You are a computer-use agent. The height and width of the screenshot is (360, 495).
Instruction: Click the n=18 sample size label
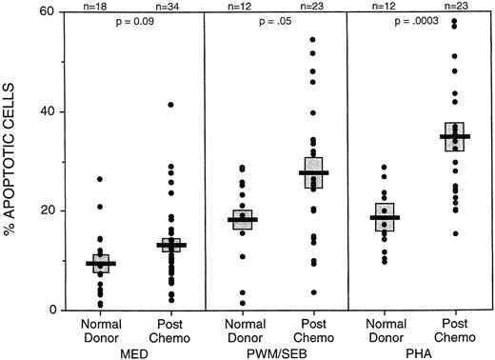click(99, 6)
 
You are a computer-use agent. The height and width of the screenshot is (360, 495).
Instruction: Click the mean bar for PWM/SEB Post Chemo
click(313, 172)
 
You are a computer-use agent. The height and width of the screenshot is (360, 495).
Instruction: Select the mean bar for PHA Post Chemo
click(455, 136)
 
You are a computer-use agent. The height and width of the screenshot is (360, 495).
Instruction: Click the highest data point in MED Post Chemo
click(171, 105)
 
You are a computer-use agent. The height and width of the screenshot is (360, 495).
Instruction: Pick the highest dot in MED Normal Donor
click(100, 179)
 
